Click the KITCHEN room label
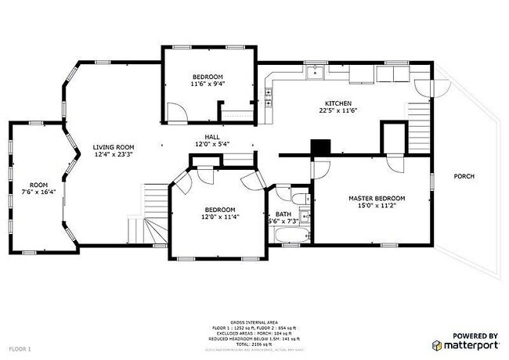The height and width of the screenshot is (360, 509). click(338, 103)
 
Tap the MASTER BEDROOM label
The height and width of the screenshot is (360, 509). click(377, 199)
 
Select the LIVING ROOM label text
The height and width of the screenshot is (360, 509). click(114, 147)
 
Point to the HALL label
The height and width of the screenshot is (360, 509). click(212, 135)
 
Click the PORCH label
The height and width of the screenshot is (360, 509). click(464, 176)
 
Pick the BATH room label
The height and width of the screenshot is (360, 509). click(283, 214)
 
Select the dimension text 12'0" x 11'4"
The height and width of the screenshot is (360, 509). click(220, 218)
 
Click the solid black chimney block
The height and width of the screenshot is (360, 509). click(319, 148)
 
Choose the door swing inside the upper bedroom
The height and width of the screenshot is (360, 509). click(180, 111)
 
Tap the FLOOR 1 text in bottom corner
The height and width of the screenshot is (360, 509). click(20, 347)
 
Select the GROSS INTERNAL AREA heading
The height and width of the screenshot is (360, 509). click(254, 321)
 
